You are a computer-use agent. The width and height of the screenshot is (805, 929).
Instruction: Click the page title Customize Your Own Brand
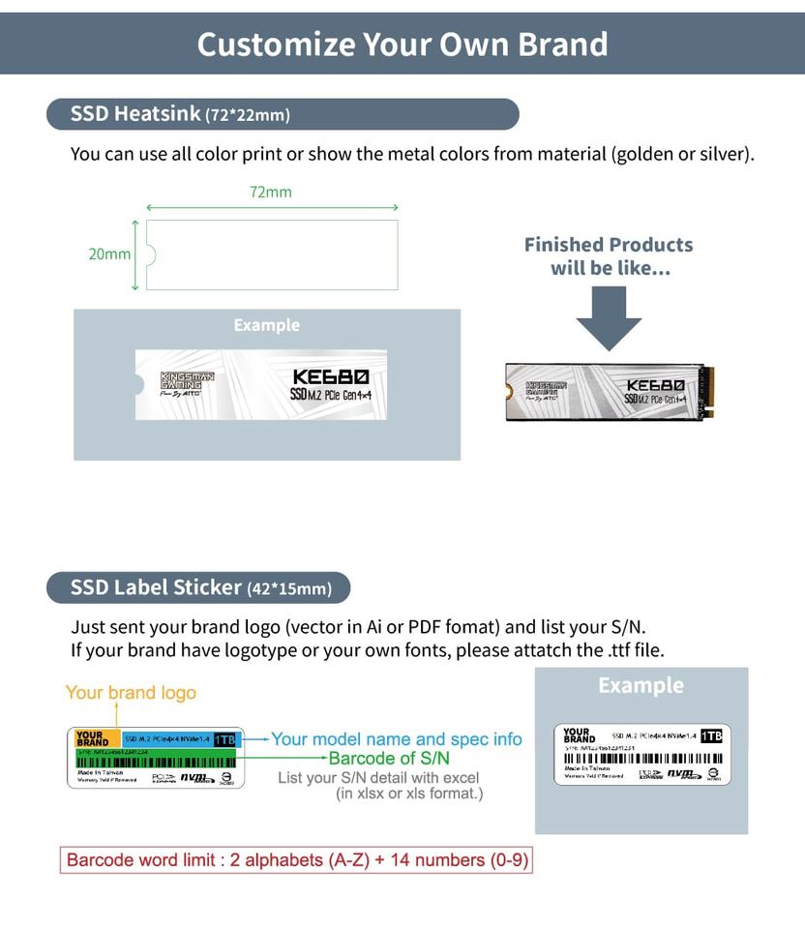(x=402, y=45)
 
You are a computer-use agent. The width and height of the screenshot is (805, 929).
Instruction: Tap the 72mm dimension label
(x=271, y=192)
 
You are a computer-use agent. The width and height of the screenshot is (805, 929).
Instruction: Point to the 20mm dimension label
(x=109, y=254)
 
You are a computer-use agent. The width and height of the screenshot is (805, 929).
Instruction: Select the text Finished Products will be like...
(x=609, y=256)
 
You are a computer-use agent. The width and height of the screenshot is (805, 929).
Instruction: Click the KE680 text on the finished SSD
(x=656, y=385)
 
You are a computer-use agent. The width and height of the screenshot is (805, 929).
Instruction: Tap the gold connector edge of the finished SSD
(x=709, y=391)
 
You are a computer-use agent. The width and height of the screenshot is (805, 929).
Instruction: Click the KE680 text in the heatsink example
(x=330, y=377)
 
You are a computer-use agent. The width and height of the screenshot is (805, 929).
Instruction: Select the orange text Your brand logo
(x=131, y=693)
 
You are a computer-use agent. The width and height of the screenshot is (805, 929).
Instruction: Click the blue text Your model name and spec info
(x=397, y=739)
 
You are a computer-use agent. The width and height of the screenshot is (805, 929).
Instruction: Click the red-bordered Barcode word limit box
(x=298, y=859)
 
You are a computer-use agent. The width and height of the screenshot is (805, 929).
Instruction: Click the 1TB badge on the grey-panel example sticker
(x=711, y=736)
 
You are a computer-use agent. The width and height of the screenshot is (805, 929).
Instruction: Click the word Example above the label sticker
(x=641, y=686)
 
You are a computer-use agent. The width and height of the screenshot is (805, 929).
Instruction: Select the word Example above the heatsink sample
(x=266, y=325)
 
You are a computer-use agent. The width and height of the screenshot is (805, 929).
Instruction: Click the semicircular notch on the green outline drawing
(x=151, y=255)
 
